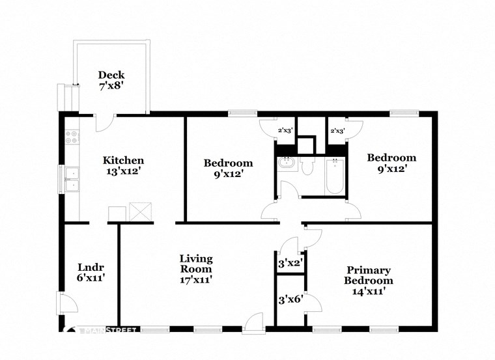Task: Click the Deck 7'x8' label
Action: [x=111, y=80]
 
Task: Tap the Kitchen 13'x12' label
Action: [x=123, y=166]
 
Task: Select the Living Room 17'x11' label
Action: [x=196, y=269]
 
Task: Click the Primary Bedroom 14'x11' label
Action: [x=369, y=281]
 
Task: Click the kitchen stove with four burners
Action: [x=72, y=137]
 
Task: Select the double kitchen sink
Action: [x=72, y=180]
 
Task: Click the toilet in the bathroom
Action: [x=308, y=166]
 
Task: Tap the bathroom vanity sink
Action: [x=286, y=164]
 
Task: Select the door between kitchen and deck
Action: [x=104, y=122]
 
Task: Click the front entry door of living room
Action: [x=253, y=323]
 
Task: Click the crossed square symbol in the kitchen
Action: [x=140, y=212]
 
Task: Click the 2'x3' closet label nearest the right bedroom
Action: [x=337, y=131]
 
